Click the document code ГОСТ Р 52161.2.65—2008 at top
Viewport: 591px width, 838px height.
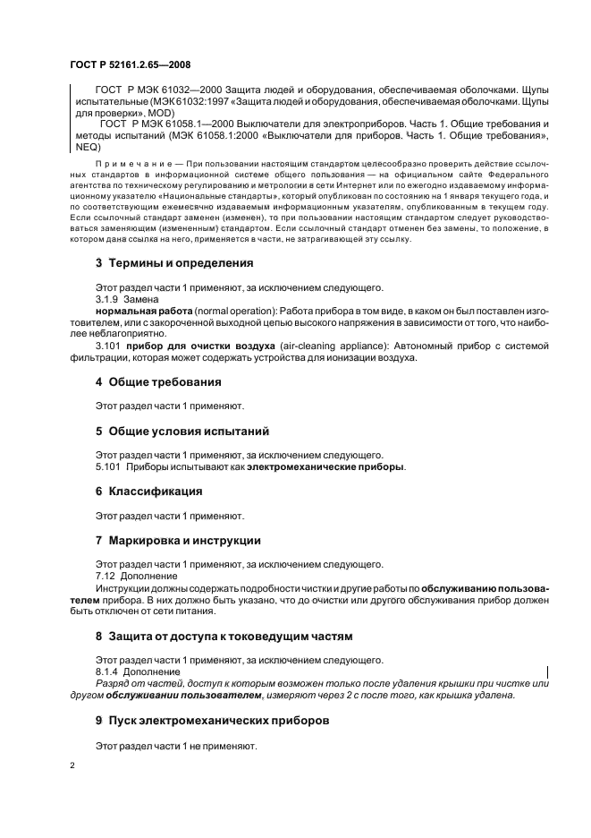pos(130,64)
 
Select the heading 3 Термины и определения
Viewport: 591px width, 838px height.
pos(173,263)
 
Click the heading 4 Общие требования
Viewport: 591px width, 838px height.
pos(158,381)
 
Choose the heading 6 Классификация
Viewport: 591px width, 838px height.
pos(148,492)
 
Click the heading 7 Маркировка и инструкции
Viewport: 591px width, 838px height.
pos(178,540)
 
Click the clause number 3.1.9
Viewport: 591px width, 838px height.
pos(106,298)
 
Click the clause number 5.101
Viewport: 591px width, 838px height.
pos(107,466)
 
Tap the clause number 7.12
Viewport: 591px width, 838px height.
pos(105,576)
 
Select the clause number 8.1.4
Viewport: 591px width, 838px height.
pos(107,671)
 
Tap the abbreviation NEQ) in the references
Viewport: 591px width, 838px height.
pos(82,146)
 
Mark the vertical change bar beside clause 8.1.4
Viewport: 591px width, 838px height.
pos(546,671)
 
